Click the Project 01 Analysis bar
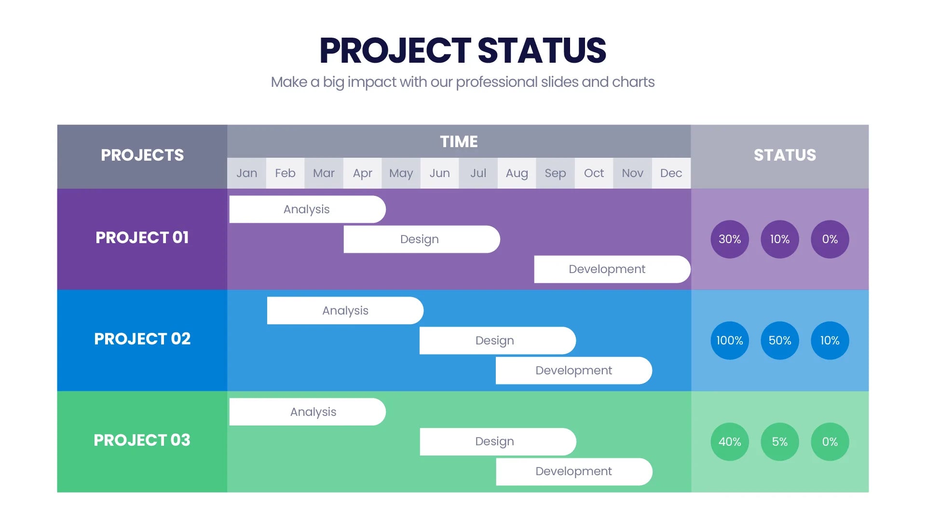(x=307, y=209)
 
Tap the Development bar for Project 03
(x=574, y=471)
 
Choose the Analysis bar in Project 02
(x=345, y=311)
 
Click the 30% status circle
(x=730, y=239)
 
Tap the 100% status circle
(x=730, y=341)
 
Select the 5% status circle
(x=780, y=442)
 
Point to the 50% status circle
(x=780, y=341)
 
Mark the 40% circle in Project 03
(x=730, y=442)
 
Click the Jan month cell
(x=246, y=173)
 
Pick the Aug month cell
(x=517, y=173)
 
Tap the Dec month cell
(x=671, y=173)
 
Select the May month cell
(x=401, y=173)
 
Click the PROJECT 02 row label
(x=142, y=339)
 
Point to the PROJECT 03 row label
(x=142, y=440)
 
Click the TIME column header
(x=459, y=142)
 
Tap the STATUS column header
(x=785, y=155)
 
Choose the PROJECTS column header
(x=142, y=155)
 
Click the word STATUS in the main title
(x=542, y=51)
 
